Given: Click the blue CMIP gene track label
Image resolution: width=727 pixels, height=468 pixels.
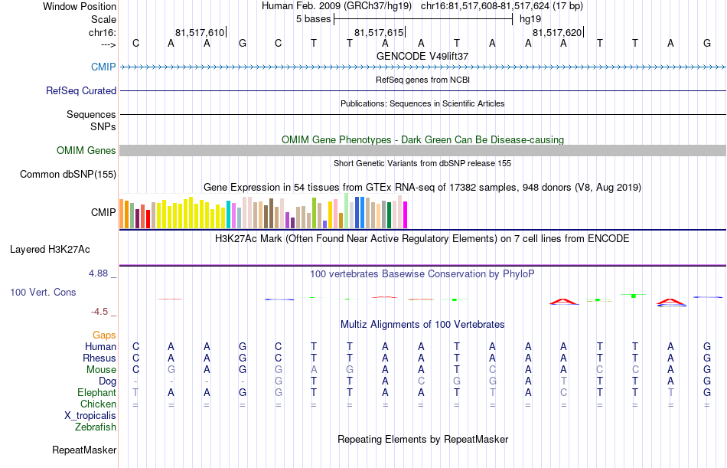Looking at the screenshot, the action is [x=103, y=67].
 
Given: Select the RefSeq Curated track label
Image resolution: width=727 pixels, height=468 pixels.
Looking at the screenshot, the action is [x=81, y=90].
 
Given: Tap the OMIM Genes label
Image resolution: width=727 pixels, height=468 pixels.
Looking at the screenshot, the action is [x=86, y=150].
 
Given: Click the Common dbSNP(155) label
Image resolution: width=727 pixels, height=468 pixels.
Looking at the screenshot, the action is [x=68, y=174].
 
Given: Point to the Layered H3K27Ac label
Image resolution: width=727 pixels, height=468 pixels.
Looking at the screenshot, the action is [x=50, y=250].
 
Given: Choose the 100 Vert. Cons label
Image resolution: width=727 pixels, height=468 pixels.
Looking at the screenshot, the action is [x=43, y=292].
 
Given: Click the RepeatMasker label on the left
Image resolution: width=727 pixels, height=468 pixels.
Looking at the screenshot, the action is [x=84, y=450].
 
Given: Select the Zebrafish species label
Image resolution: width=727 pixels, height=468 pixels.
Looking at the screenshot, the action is [x=96, y=427].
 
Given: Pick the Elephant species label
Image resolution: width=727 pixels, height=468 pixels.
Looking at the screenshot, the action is [x=97, y=392].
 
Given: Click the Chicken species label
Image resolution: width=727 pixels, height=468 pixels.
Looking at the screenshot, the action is [x=98, y=404].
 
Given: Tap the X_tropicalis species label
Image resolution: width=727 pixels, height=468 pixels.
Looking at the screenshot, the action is [x=90, y=416].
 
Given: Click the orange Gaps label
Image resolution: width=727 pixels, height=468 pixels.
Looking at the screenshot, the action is [x=104, y=335].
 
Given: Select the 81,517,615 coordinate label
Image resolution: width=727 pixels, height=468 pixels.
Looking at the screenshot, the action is [x=379, y=32].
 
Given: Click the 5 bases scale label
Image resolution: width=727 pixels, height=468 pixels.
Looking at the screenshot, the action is [x=314, y=19].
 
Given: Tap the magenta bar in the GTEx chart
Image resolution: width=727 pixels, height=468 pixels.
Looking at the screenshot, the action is [x=406, y=215].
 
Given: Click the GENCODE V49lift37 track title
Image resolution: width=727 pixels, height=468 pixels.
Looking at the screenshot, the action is [x=422, y=56].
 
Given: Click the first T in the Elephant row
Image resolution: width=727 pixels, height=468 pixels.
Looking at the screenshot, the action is [x=135, y=393].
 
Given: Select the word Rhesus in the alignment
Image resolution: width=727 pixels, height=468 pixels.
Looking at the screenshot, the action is [x=99, y=358].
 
